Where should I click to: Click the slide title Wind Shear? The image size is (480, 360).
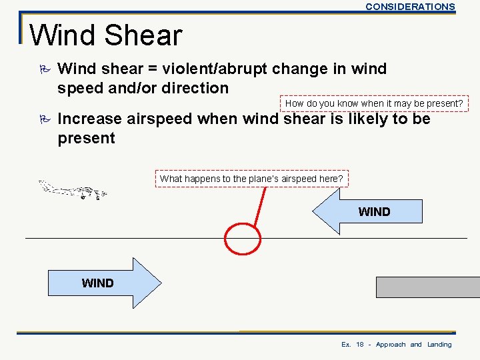pyautogui.click(x=105, y=35)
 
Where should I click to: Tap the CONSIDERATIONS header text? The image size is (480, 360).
pyautogui.click(x=410, y=7)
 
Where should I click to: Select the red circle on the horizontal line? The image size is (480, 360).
pyautogui.click(x=242, y=238)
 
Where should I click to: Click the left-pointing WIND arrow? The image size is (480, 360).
pyautogui.click(x=369, y=211)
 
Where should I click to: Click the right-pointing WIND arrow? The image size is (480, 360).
pyautogui.click(x=104, y=283)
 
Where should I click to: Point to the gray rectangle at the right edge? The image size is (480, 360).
pyautogui.click(x=427, y=287)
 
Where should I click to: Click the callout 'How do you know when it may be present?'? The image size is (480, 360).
pyautogui.click(x=374, y=103)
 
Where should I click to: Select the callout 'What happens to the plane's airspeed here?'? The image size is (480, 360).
pyautogui.click(x=251, y=179)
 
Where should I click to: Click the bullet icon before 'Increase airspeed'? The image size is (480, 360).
pyautogui.click(x=44, y=120)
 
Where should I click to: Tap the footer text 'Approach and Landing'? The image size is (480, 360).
pyautogui.click(x=413, y=345)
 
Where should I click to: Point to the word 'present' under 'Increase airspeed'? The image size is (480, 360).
pyautogui.click(x=87, y=139)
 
